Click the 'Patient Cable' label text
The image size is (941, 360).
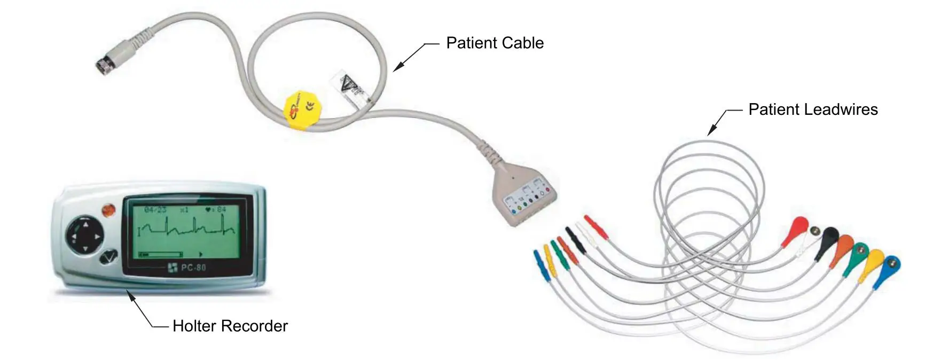(x=495, y=43)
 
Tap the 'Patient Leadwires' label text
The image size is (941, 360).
(x=812, y=109)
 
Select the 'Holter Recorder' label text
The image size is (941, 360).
(x=230, y=326)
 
